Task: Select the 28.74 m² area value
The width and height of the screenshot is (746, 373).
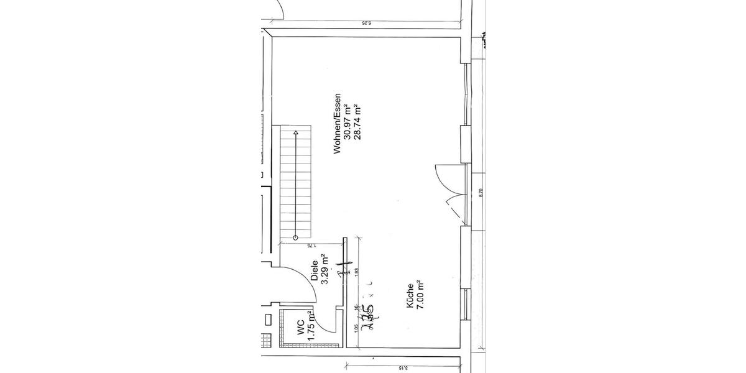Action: point(357,123)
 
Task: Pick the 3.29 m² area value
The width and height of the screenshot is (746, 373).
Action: point(324,271)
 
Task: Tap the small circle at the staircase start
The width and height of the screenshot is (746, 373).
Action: point(296,238)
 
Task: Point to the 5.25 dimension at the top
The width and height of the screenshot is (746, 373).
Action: point(366,24)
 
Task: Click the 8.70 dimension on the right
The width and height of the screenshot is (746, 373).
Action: point(481,193)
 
